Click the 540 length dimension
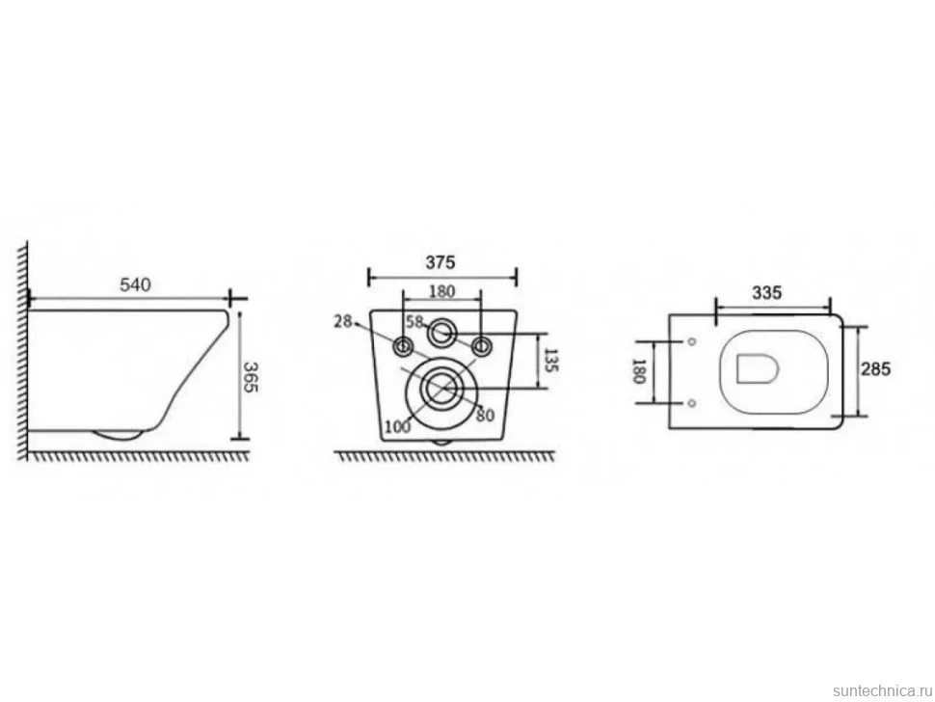click(x=135, y=285)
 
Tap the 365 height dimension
click(x=251, y=377)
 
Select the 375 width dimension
click(x=441, y=262)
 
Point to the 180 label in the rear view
click(x=441, y=291)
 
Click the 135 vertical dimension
click(x=551, y=361)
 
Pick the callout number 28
click(x=343, y=321)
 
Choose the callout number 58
click(x=414, y=322)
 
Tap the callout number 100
click(x=398, y=426)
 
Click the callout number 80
click(x=485, y=415)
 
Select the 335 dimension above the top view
click(x=766, y=293)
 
